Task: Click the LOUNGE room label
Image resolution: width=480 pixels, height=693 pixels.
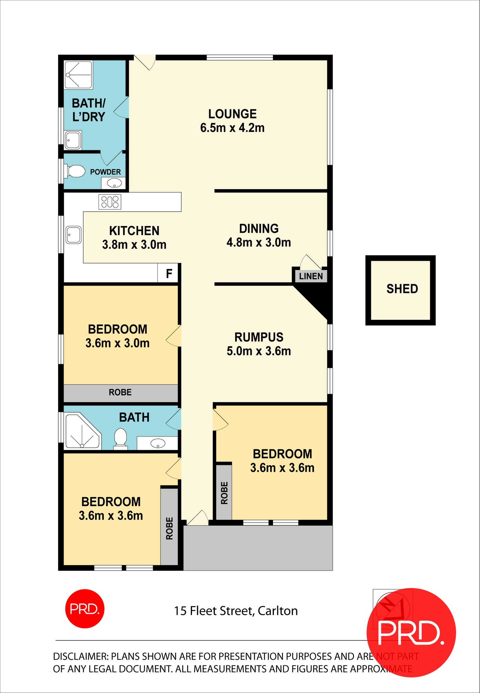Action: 232,114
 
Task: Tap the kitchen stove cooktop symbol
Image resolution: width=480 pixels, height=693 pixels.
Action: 110,202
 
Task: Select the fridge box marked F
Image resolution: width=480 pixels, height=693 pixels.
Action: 169,273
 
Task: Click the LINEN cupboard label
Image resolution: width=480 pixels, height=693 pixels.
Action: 311,276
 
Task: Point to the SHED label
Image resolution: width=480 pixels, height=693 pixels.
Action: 402,289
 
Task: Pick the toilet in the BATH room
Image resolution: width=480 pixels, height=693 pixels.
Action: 121,438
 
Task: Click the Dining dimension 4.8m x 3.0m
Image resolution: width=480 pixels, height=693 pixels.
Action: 259,242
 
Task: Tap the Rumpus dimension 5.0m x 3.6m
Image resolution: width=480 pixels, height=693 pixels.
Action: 259,351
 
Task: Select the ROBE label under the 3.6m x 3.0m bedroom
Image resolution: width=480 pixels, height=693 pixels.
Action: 120,392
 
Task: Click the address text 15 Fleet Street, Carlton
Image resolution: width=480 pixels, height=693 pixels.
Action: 236,611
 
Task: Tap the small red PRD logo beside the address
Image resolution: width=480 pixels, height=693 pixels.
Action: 85,608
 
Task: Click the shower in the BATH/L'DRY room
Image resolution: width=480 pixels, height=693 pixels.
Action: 79,75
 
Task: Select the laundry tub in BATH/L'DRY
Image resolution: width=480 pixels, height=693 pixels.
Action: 73,140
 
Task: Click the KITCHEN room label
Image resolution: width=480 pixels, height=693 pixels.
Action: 134,231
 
